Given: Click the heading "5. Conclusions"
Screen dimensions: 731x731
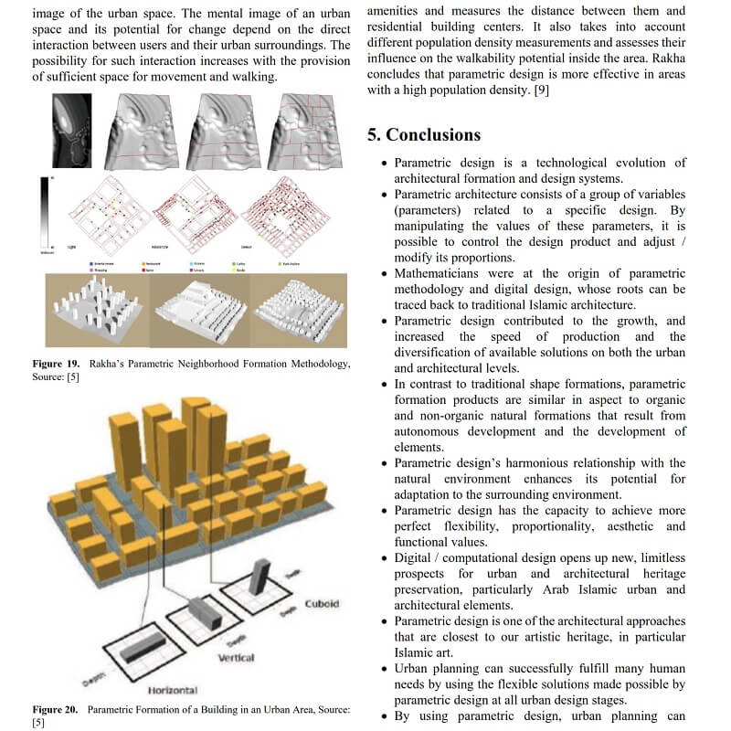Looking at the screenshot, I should (x=423, y=135).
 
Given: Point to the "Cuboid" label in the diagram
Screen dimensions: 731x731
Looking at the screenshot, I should (x=322, y=604).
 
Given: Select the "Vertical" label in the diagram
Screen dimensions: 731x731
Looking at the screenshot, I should (x=236, y=657).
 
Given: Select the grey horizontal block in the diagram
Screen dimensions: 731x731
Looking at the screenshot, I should (x=144, y=649).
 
